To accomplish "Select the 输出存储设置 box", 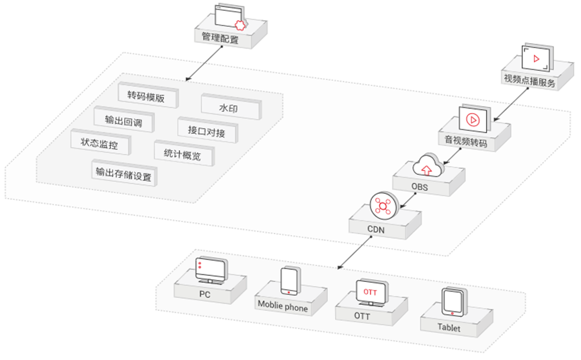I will click(x=124, y=174).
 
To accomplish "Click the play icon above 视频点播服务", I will click(x=537, y=59).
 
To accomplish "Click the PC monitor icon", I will click(x=210, y=270).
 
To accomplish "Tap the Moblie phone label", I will click(x=282, y=308).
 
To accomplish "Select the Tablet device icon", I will click(x=452, y=302).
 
